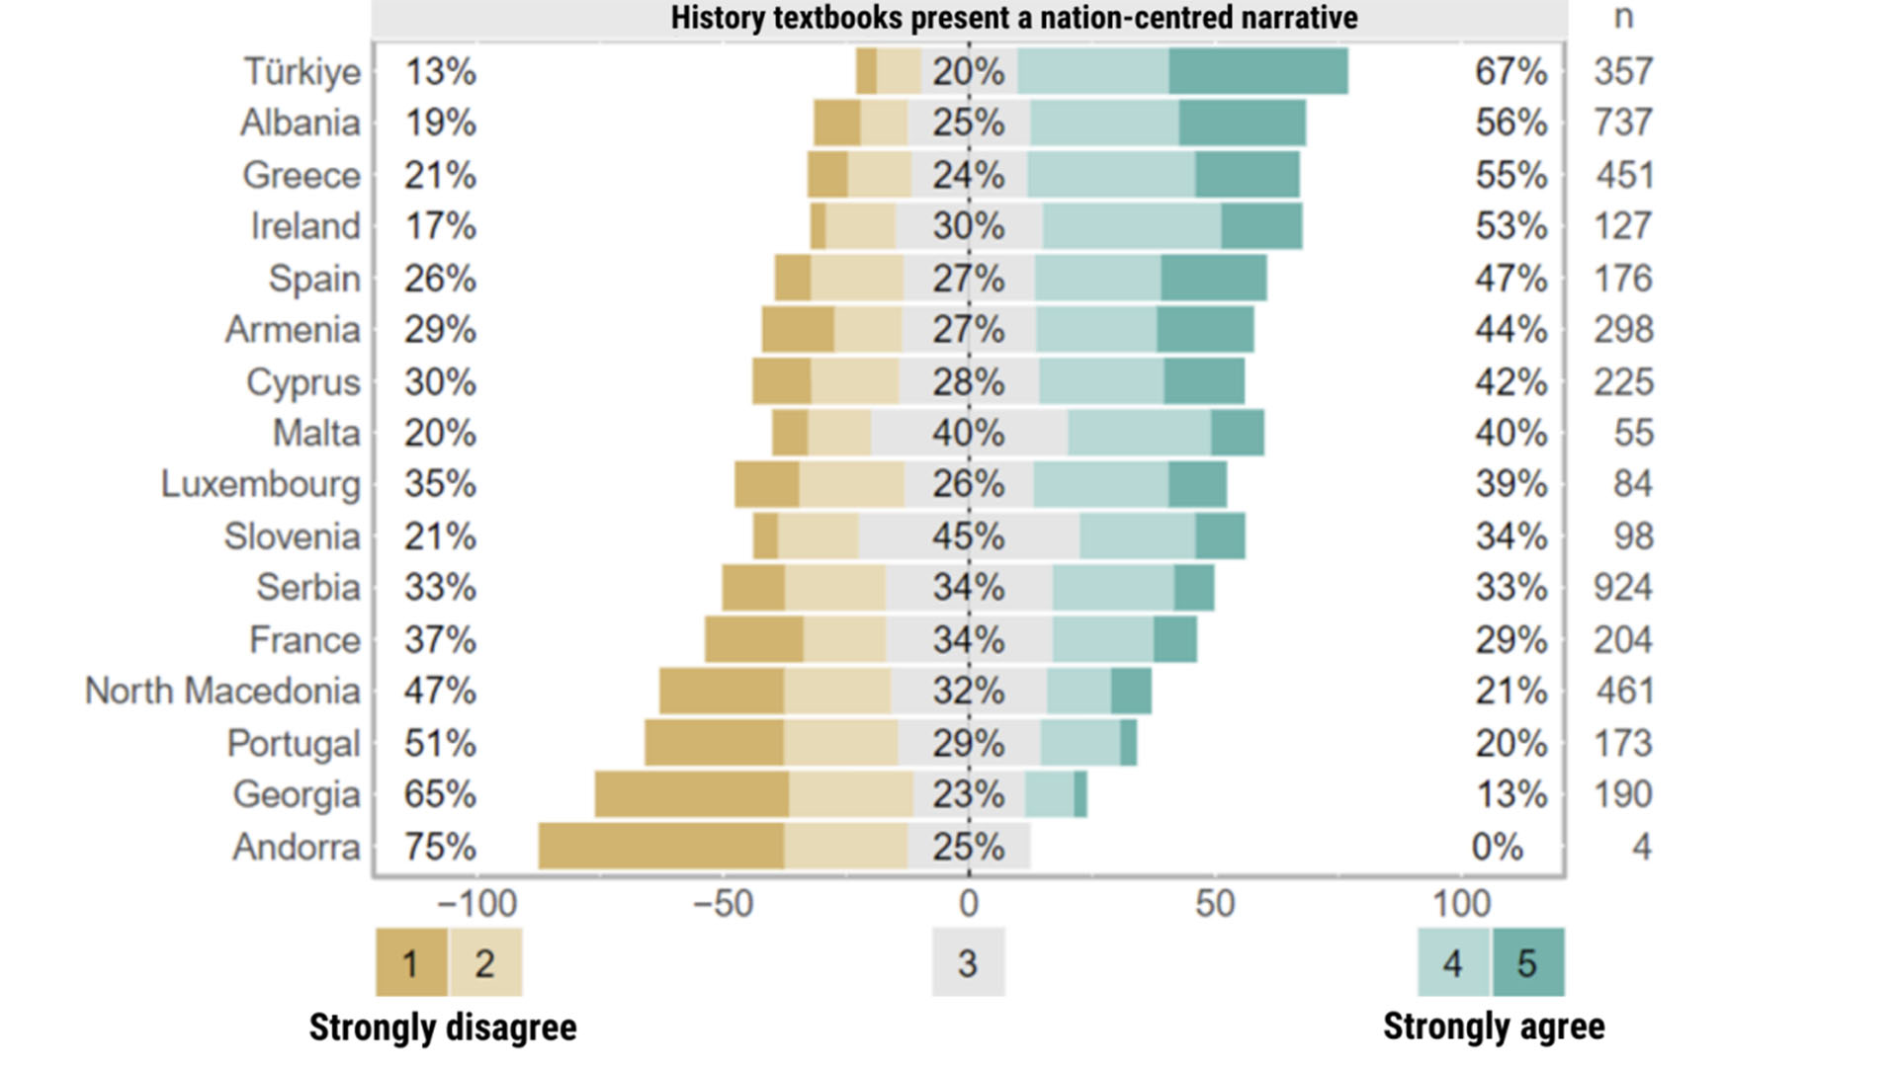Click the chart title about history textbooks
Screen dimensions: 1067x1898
pos(1013,18)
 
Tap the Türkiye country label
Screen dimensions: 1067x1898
pos(302,71)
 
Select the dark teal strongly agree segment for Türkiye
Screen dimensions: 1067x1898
pos(1257,71)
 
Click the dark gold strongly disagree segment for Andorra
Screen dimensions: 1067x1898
pos(661,847)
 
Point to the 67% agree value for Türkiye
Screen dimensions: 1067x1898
pos(1510,71)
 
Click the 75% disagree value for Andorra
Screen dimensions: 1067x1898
pos(440,847)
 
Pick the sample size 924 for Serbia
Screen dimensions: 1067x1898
pos(1622,588)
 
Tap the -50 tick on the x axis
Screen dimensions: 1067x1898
pos(723,903)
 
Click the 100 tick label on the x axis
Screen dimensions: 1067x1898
pos(1461,903)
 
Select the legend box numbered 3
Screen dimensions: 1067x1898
pos(968,962)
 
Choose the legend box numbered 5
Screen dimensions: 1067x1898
pos(1527,962)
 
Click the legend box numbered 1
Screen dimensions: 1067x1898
pos(411,962)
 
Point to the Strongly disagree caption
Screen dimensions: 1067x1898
pos(443,1027)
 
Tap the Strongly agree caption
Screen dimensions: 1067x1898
pos(1494,1026)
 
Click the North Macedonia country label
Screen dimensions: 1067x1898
pos(222,692)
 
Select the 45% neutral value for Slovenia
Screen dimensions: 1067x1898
pos(968,536)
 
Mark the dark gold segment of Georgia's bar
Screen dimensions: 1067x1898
pos(692,794)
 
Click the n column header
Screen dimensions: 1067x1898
pos(1623,18)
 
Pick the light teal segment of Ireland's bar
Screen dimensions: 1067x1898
pos(1132,226)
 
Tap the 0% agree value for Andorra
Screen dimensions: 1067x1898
pos(1497,847)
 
